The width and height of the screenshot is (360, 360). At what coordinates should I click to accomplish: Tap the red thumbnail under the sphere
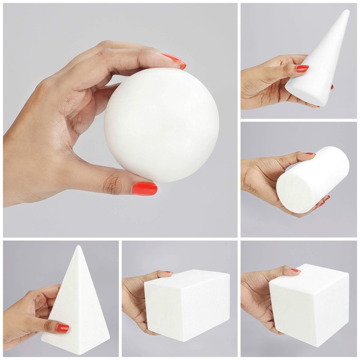tap(144, 188)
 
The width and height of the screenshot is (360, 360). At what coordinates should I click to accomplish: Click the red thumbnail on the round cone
tap(302, 68)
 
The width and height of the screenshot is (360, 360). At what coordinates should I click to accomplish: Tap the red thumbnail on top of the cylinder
tap(310, 154)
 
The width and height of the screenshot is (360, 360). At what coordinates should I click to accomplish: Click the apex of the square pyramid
tap(78, 247)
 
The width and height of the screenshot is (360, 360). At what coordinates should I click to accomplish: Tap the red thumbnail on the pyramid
tap(63, 328)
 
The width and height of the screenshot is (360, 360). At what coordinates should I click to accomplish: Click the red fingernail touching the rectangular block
tap(167, 272)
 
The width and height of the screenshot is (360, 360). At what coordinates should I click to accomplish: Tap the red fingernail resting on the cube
tap(295, 270)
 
